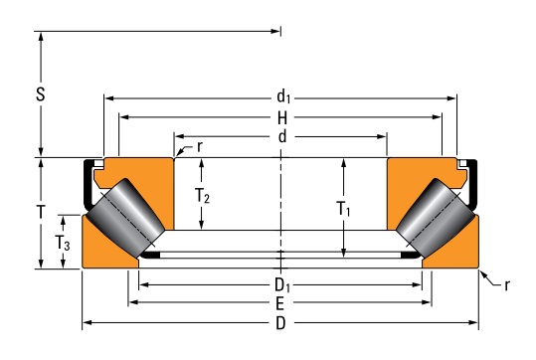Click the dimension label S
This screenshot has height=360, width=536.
pos(41,94)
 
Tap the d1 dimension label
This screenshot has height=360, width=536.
pos(283,96)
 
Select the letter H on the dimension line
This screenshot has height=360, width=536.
pos(282,118)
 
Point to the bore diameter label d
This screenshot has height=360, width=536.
pos(282,137)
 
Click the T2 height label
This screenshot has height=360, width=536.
pos(202,196)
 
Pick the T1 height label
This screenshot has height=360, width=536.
pos(343,208)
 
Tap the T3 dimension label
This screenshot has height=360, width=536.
pos(63,243)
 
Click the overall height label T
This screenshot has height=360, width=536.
pos(41,212)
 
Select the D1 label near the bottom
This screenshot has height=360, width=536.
pos(282,285)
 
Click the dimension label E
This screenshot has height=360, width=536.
pos(280,303)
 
